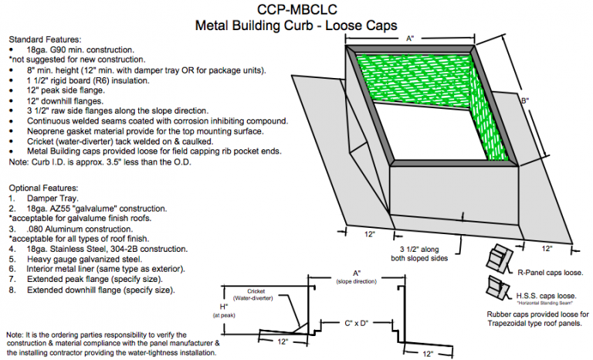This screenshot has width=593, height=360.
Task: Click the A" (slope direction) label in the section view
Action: pos(356,277)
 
